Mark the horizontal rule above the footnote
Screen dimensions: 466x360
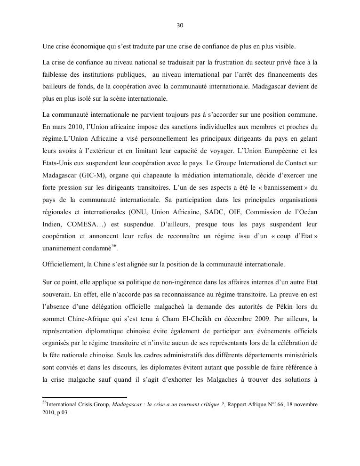pyautogui.click(x=85, y=397)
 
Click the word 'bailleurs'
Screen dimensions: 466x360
pyautogui.click(x=55, y=87)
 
